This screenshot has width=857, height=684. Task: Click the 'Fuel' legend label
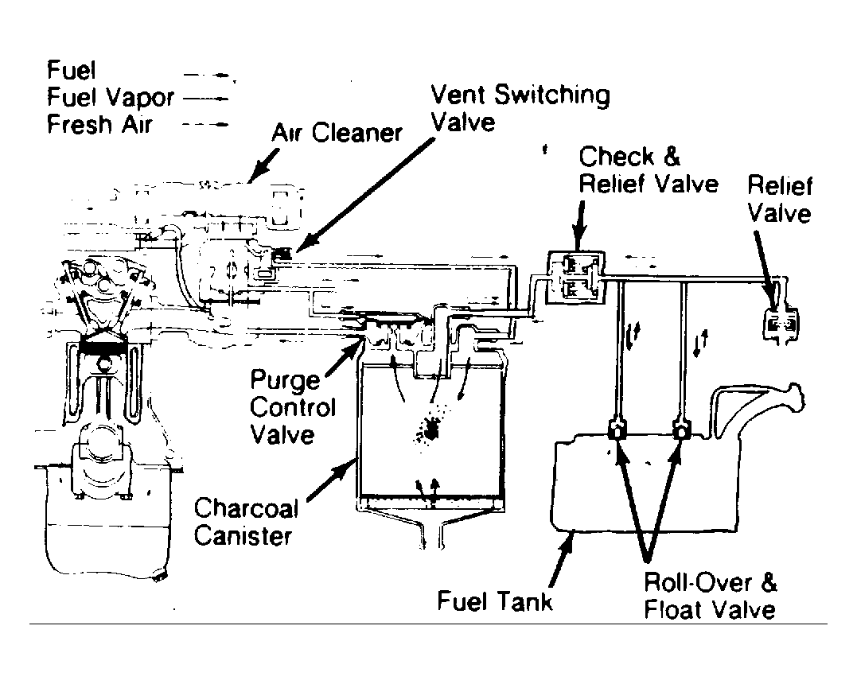(71, 71)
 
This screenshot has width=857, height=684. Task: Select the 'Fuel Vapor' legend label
(110, 98)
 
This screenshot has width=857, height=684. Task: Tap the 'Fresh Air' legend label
(99, 125)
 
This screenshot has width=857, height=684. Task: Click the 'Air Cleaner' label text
(337, 132)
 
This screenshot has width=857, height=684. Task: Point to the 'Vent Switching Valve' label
(520, 108)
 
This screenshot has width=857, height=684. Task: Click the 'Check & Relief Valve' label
(648, 170)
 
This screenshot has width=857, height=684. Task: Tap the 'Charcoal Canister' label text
(247, 521)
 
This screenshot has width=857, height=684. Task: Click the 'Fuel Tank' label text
(494, 600)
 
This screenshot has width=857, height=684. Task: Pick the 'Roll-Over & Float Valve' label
(710, 596)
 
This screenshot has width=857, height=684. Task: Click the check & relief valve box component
(575, 276)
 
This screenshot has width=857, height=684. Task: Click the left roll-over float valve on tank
(615, 432)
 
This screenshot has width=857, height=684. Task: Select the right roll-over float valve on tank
(681, 432)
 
